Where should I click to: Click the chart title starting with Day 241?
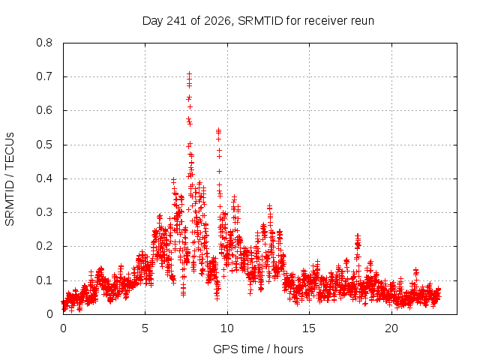(258, 21)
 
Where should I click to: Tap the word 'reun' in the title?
(362, 21)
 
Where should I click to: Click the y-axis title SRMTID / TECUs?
(10, 179)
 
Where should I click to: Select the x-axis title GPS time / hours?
(258, 349)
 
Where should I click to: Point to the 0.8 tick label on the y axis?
(44, 43)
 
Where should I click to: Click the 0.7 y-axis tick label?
(44, 76)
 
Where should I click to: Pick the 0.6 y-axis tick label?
(44, 110)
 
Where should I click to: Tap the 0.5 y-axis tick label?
(44, 145)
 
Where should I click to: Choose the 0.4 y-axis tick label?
(44, 178)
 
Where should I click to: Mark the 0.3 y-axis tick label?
(44, 212)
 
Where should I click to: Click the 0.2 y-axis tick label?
(44, 246)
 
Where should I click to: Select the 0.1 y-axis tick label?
(44, 280)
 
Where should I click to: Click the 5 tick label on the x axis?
(145, 328)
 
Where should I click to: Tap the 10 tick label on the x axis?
(227, 328)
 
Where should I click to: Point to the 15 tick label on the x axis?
(309, 328)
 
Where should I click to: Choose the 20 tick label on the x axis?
(391, 328)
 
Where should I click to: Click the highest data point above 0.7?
(190, 73)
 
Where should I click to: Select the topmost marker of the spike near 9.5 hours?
(218, 130)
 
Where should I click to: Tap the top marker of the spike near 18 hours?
(358, 235)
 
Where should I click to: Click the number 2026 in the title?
(217, 21)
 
